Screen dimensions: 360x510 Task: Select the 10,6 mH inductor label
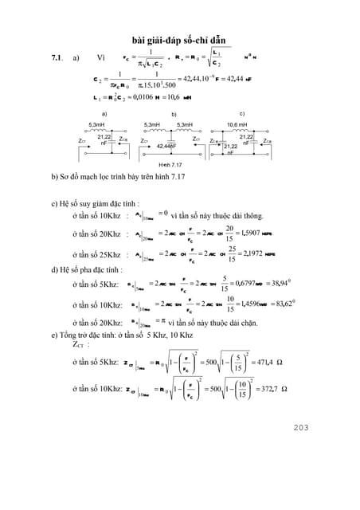(x=236, y=125)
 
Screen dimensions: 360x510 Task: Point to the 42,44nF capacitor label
(x=166, y=147)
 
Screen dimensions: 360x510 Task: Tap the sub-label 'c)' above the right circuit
(x=242, y=113)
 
